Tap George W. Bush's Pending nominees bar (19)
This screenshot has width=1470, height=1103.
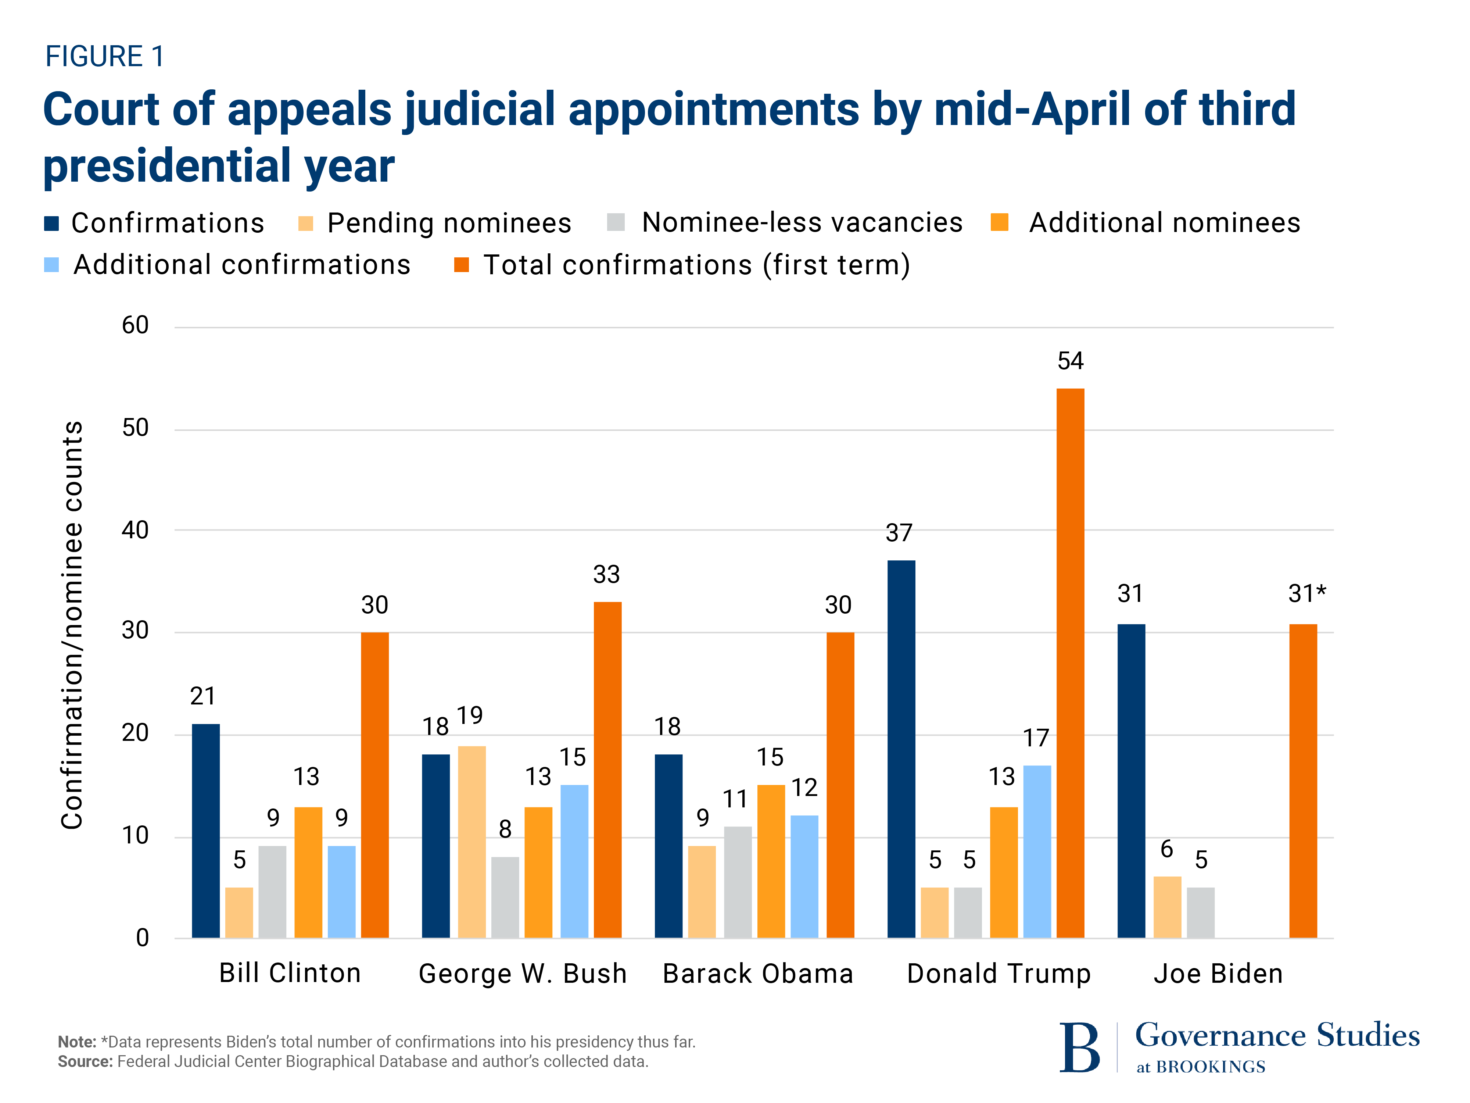[472, 841]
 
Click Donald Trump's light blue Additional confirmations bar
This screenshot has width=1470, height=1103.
[1037, 851]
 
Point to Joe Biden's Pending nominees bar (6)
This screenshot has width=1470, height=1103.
[1167, 907]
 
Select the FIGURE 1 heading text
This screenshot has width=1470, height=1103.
[104, 57]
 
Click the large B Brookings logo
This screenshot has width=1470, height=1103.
[1079, 1047]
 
